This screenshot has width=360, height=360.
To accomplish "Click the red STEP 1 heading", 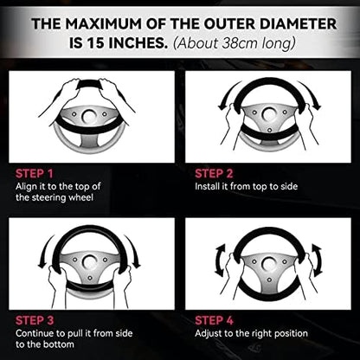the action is click(35, 174).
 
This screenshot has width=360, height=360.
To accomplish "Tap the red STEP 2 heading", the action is click(214, 174).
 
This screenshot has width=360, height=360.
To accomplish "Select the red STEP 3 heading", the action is click(35, 320).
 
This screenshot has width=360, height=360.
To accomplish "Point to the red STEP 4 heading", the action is click(214, 320).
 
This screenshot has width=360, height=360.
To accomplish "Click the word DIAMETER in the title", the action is click(298, 23).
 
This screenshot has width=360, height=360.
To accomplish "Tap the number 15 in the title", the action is click(95, 43).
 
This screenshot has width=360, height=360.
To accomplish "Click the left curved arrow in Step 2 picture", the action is click(228, 94).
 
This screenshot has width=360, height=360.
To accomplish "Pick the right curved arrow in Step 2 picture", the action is click(311, 94).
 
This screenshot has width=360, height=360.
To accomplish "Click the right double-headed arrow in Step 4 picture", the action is click(318, 260).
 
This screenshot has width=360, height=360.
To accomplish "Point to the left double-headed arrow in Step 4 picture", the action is click(220, 260).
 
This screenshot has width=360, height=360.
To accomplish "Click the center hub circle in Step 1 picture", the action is click(89, 117).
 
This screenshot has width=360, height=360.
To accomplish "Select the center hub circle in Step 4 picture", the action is click(269, 263).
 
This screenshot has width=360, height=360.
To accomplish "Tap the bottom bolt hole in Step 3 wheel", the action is click(90, 278).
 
